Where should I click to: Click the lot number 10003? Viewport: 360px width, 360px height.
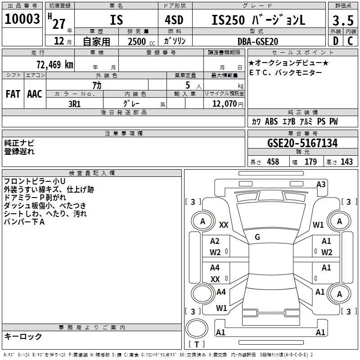(x=22, y=19)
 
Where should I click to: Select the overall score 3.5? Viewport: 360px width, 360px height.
(x=343, y=21)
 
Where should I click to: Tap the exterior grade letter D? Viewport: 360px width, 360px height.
(x=336, y=41)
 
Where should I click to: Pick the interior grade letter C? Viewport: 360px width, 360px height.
(x=350, y=41)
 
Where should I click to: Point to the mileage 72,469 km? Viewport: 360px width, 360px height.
(x=55, y=64)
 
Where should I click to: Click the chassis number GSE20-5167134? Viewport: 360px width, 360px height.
(x=302, y=143)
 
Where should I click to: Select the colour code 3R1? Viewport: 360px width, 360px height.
(x=74, y=104)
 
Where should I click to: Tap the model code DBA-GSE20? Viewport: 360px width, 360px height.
(x=258, y=41)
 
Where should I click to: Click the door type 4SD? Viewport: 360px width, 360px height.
(x=174, y=20)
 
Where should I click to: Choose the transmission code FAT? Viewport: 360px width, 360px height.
(x=13, y=94)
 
